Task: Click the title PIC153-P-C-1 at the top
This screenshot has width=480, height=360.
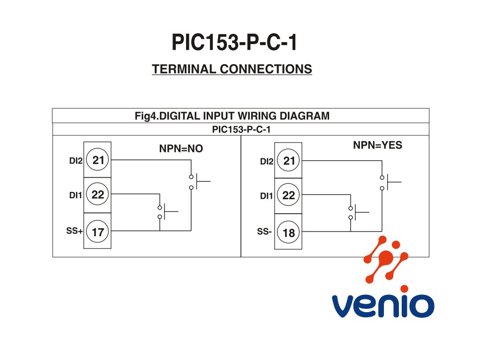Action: (x=234, y=43)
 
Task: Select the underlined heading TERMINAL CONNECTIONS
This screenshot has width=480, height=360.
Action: (x=232, y=69)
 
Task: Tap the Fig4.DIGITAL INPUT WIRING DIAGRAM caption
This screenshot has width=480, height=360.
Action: (x=232, y=116)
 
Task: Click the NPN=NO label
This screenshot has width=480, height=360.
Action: (x=181, y=149)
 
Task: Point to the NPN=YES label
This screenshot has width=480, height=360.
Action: (x=377, y=145)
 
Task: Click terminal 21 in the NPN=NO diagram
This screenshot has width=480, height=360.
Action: (x=98, y=160)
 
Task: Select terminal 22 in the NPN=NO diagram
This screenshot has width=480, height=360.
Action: (x=98, y=195)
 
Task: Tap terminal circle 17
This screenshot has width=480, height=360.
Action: (x=98, y=232)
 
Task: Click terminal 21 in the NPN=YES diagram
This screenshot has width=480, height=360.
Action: (x=289, y=161)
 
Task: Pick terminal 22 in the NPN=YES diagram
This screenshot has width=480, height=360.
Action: (x=289, y=195)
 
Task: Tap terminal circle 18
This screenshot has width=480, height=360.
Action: (x=289, y=232)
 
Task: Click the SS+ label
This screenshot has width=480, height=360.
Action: (x=75, y=231)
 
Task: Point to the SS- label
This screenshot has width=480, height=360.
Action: (x=264, y=232)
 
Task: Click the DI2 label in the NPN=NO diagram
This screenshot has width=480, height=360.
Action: (x=75, y=161)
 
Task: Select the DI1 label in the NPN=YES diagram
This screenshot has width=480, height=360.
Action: (x=266, y=196)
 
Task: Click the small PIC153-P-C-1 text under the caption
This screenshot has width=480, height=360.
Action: (x=241, y=129)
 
